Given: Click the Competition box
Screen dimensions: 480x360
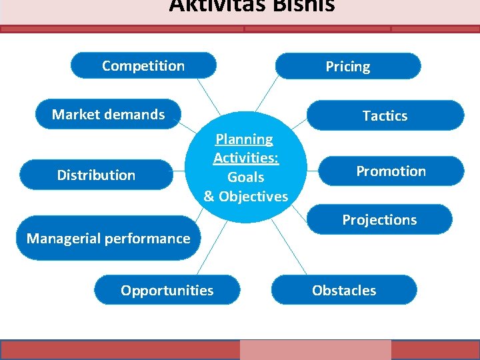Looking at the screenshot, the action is tap(143, 66).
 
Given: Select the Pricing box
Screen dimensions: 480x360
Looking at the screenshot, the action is tap(348, 67).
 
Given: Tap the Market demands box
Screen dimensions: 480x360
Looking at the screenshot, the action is tap(109, 115).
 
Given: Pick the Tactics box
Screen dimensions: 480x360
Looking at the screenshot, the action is tap(385, 115).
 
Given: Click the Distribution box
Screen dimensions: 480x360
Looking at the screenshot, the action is tap(96, 175).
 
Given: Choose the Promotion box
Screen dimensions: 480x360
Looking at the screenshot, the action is tap(391, 171).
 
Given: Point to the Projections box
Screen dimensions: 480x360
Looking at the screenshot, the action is tap(379, 220).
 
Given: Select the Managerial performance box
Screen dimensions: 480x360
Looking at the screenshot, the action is tap(108, 238).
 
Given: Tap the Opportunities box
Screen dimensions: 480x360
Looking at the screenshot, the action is tap(167, 291).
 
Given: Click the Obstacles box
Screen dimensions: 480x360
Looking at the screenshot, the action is tap(344, 291).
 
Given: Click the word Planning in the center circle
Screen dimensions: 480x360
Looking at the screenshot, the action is tap(244, 139).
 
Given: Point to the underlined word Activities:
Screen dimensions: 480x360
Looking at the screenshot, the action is tap(246, 159).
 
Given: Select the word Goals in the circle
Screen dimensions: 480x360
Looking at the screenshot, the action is tap(246, 177).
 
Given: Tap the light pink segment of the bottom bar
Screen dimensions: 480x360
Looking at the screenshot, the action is tap(315, 350).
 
